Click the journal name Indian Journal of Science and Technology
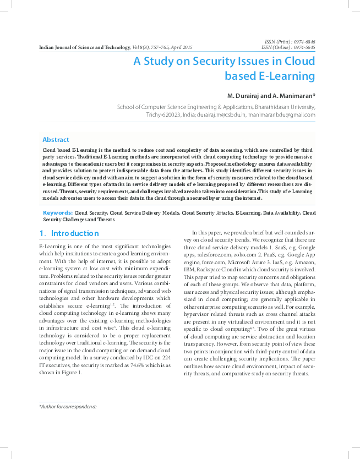click(85, 48)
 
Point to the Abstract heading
click(56, 140)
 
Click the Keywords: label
click(58, 212)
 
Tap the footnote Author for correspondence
click(68, 406)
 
